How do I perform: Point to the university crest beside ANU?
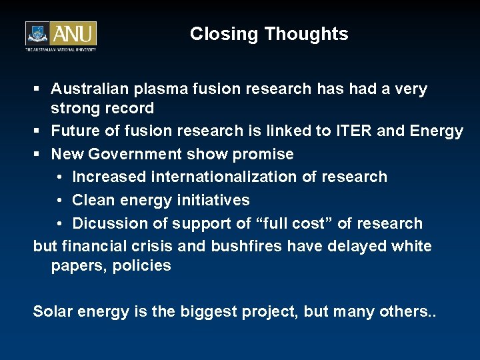(39, 34)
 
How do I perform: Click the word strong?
(75, 108)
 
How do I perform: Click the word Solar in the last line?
(54, 312)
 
